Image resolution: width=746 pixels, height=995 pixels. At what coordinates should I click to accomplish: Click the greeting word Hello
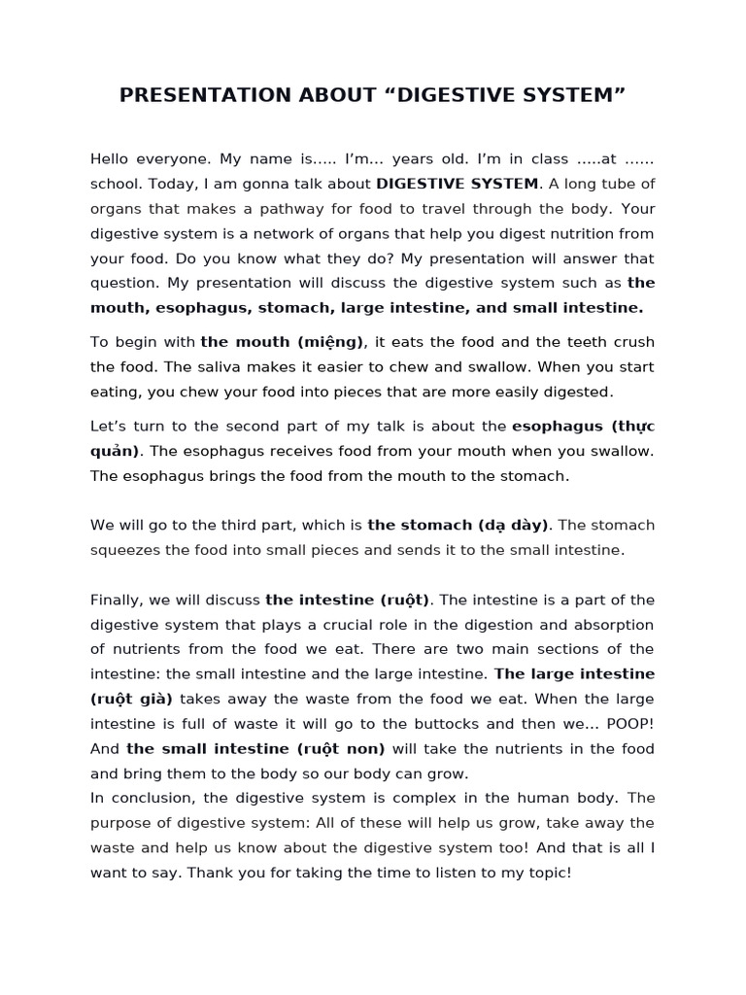pyautogui.click(x=112, y=158)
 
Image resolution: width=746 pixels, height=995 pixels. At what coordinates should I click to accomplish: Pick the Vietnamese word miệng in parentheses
pyautogui.click(x=333, y=342)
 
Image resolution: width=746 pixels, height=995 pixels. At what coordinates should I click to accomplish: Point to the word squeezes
pyautogui.click(x=126, y=550)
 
